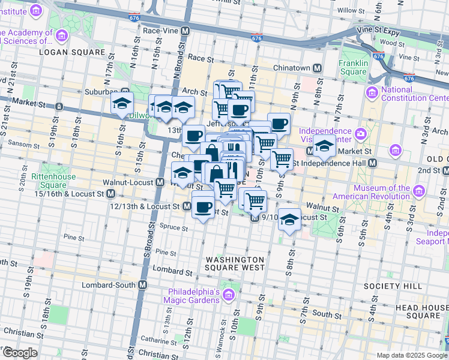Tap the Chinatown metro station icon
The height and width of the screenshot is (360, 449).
click(316, 68)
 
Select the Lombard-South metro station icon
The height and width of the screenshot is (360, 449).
click(143, 285)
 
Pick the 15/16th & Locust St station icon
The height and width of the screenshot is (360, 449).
click(111, 194)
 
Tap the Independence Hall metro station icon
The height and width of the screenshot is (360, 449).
click(373, 163)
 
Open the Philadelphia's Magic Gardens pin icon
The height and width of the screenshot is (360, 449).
click(228, 295)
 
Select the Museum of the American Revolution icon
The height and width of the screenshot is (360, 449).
click(419, 191)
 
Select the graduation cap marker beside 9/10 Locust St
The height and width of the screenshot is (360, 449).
click(290, 218)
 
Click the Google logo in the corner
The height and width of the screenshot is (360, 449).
click(20, 353)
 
